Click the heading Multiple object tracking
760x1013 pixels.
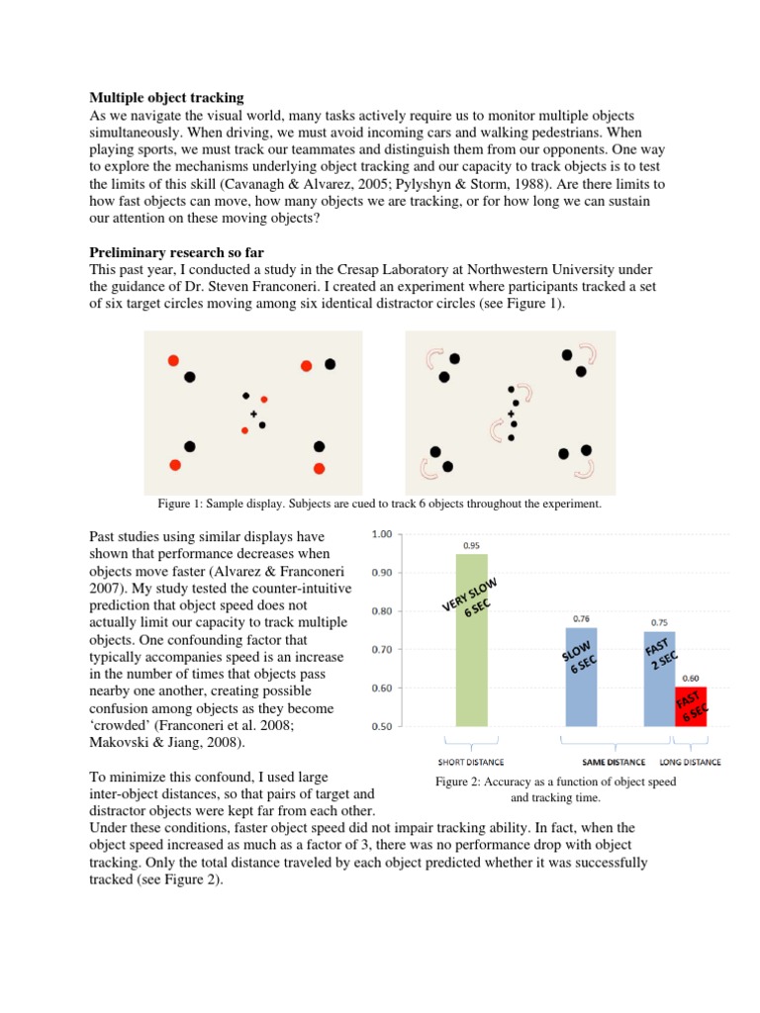[x=166, y=98]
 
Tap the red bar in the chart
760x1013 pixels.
[x=691, y=706]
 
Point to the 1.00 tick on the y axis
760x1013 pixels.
[x=381, y=534]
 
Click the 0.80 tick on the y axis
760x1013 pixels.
[x=381, y=611]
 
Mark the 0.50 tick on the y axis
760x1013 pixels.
[x=381, y=726]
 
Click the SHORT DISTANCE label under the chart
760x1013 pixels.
[x=472, y=762]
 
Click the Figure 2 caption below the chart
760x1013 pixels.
[x=556, y=788]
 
